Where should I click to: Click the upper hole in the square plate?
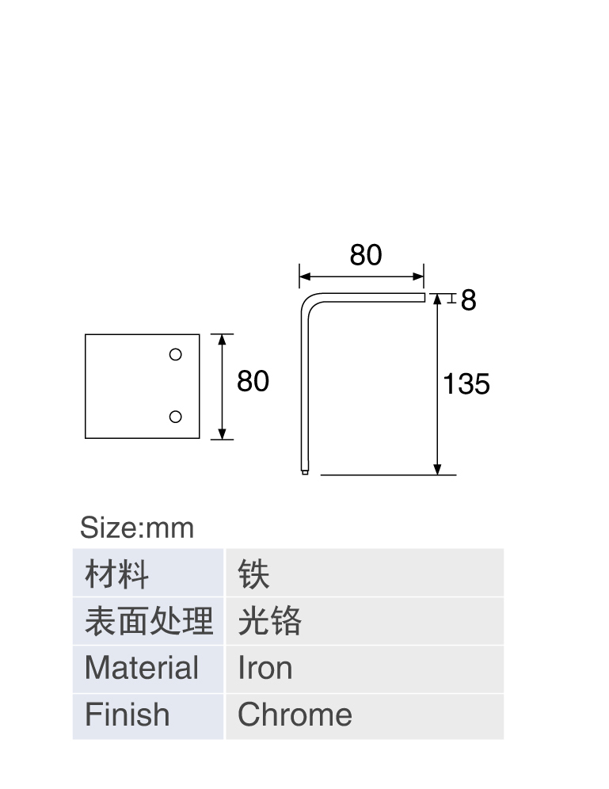tap(176, 355)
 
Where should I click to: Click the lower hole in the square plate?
tap(176, 417)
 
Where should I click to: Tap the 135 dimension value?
tap(466, 384)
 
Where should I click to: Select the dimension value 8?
tap(468, 300)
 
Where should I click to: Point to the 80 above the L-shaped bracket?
tap(366, 255)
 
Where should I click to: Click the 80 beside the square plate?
tap(253, 381)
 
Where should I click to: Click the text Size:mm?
tap(137, 528)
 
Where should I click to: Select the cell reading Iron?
tap(364, 669)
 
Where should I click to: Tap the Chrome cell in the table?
tap(364, 717)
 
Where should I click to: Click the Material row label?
tap(148, 669)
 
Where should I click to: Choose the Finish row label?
tap(148, 717)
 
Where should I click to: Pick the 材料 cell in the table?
tap(148, 573)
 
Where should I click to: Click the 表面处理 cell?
tap(148, 621)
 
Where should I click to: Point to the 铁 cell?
tap(364, 573)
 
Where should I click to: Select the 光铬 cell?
tap(364, 621)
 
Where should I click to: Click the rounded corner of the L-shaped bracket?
tap(306, 299)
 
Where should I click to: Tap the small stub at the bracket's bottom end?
tap(305, 472)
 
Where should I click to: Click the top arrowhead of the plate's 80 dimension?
tap(223, 340)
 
